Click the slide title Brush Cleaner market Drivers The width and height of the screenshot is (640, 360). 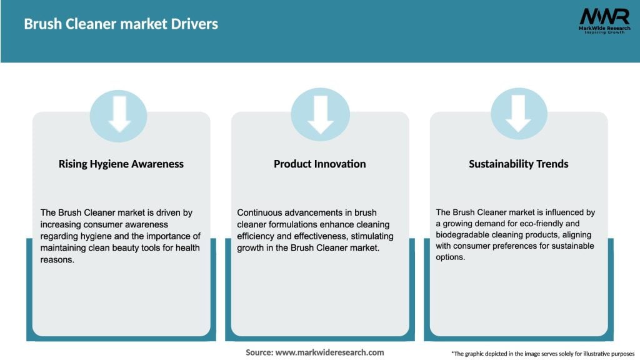point(121,24)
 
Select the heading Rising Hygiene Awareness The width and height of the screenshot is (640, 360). point(121,164)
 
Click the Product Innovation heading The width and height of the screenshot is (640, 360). point(319,164)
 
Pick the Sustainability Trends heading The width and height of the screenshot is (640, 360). point(518,164)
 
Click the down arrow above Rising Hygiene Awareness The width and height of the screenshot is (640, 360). point(119,115)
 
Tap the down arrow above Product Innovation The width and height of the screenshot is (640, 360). point(320,115)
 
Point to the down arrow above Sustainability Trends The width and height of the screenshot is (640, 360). point(518,115)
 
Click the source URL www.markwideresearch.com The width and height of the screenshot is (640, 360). point(329,352)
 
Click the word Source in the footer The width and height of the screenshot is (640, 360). point(259,352)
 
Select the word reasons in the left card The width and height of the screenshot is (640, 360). point(56,259)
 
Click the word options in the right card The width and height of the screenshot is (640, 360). point(451,257)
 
